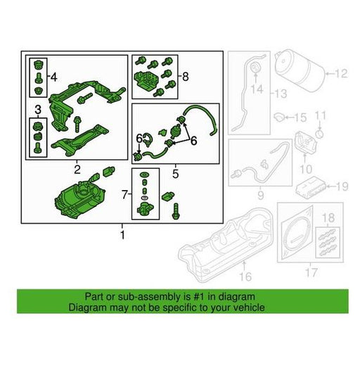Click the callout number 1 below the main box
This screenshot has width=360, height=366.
point(122,235)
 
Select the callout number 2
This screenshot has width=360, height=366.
point(77,170)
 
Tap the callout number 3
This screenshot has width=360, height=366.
point(38,109)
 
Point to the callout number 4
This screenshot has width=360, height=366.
point(54,77)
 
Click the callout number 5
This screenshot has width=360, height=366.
point(176,174)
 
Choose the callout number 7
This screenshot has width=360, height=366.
point(125,194)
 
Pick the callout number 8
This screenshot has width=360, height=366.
point(186,77)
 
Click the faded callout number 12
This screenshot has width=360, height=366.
point(341,74)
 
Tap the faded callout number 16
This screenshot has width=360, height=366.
point(245,277)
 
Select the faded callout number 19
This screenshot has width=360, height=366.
point(342,187)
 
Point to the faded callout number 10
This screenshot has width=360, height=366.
point(306,169)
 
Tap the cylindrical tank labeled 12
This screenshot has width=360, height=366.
point(300,71)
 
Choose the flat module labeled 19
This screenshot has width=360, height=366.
point(310,188)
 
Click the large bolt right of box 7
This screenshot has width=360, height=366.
point(176,211)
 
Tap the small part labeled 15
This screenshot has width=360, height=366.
point(279,117)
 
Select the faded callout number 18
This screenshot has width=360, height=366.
point(328,218)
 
